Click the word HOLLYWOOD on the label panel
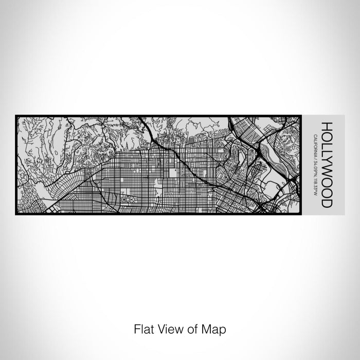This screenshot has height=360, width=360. click(326, 165)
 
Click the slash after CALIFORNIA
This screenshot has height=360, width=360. click(314, 157)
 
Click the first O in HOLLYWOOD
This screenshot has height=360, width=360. click(326, 135)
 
